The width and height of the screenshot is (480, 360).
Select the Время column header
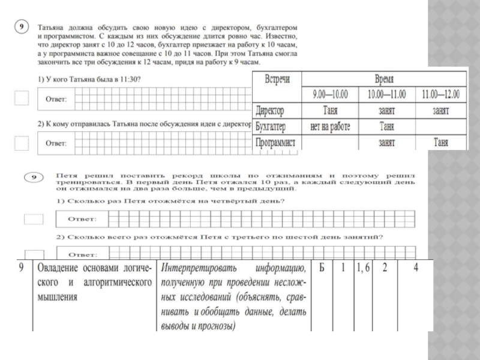385,79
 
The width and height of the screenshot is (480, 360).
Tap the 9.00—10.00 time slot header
330,95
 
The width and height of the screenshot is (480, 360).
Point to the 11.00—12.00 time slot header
440,95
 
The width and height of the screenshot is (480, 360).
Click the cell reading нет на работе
330,127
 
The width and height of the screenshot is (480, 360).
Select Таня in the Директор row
330,111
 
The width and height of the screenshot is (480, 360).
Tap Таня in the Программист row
440,143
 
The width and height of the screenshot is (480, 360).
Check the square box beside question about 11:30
22,98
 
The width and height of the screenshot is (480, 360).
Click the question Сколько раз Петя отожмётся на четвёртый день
171,202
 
